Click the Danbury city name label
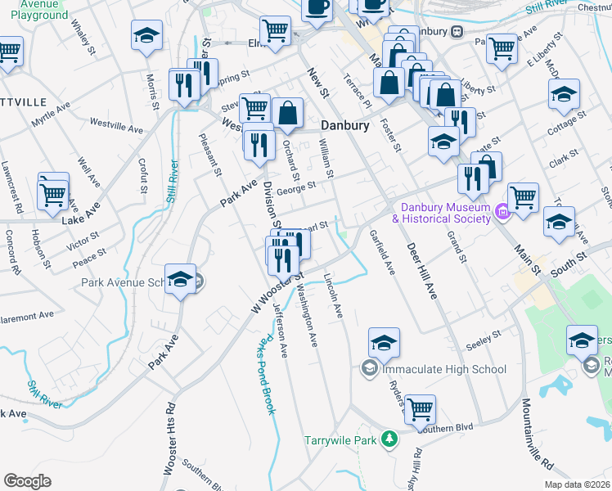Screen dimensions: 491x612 (344, 126)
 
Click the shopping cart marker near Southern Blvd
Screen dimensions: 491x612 (420, 408)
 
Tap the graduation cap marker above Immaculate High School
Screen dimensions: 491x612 (384, 343)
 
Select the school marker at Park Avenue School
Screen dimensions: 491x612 (181, 280)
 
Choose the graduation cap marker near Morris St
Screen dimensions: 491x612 (146, 35)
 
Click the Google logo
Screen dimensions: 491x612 (28, 481)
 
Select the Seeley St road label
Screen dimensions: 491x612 (484, 338)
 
